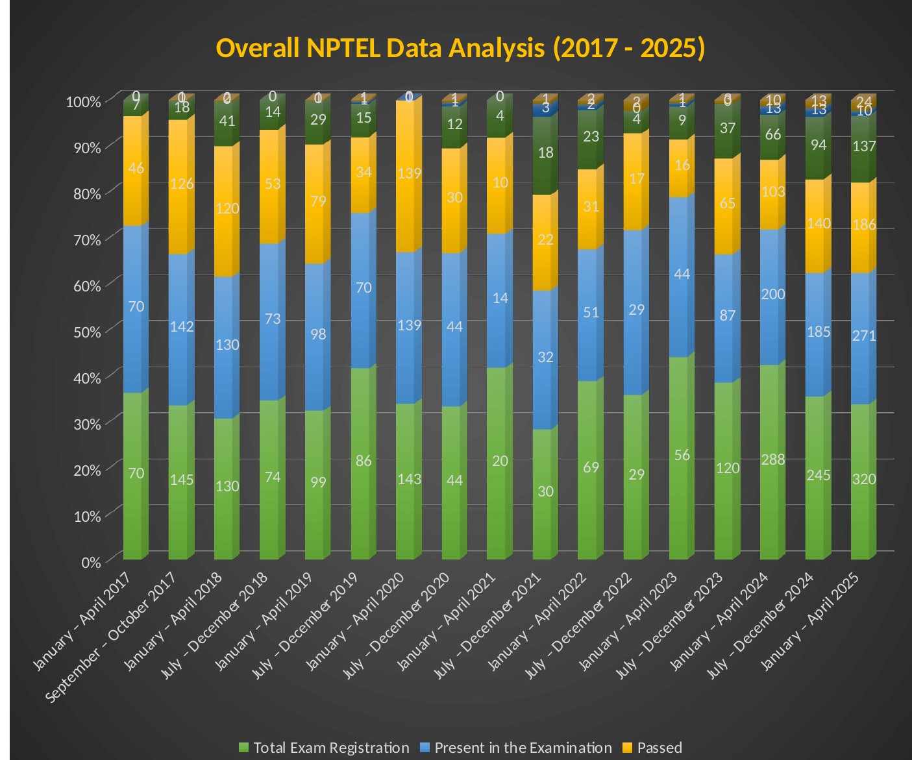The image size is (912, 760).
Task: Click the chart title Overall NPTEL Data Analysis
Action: (460, 49)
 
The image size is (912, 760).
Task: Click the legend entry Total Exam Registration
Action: (331, 748)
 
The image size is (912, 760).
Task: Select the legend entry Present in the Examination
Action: (523, 748)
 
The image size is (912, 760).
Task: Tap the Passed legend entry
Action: (659, 748)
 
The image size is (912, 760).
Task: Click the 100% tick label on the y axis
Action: (83, 102)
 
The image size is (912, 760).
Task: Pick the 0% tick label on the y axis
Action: (90, 563)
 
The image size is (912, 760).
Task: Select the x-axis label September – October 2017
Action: (111, 637)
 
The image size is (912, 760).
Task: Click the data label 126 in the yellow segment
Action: (182, 184)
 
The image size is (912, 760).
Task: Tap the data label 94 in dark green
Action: (819, 145)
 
